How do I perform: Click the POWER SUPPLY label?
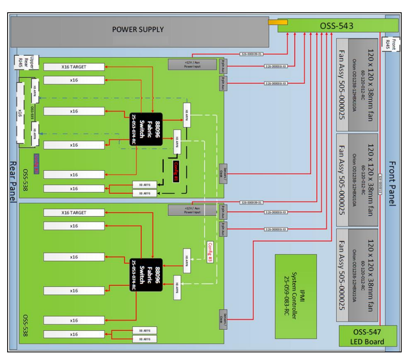click(138, 30)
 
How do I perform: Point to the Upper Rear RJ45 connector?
click(27, 62)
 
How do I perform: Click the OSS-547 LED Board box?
click(368, 336)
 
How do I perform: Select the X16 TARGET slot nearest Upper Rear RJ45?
click(74, 67)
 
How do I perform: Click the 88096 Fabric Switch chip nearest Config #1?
click(146, 129)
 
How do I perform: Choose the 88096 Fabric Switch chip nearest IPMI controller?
click(146, 275)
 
